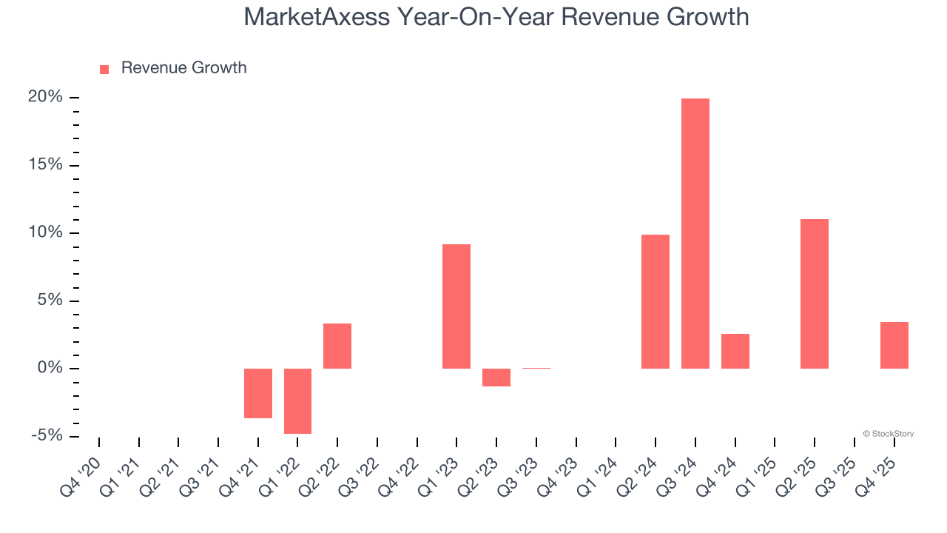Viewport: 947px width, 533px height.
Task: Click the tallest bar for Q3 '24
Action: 695,233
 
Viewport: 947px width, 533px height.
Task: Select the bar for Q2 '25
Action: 815,294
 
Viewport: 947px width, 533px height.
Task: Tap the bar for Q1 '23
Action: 456,306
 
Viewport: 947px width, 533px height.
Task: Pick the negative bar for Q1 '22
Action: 297,400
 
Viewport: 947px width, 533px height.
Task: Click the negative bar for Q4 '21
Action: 258,393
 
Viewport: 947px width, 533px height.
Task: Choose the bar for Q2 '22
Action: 337,346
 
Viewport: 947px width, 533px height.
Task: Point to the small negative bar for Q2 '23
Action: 496,378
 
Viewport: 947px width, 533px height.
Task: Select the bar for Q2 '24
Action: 656,301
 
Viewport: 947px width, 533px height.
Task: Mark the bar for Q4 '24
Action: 735,351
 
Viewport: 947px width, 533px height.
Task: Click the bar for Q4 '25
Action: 894,345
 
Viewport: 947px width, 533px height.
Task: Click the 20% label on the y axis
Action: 45,98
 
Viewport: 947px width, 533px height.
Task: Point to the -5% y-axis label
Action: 45,436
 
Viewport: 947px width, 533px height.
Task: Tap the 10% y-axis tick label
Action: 45,233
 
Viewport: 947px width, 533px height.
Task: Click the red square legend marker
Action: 104,69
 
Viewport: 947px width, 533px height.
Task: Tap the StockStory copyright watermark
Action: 888,434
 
